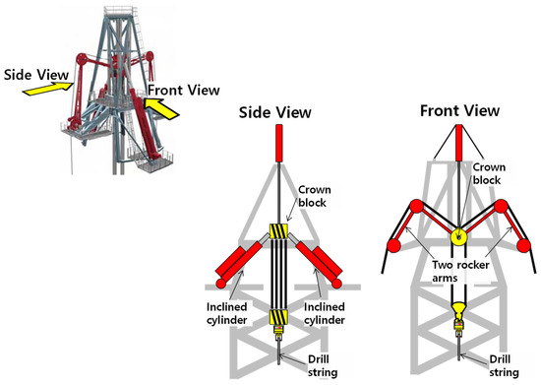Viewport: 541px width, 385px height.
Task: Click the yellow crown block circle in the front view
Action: coord(458,236)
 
